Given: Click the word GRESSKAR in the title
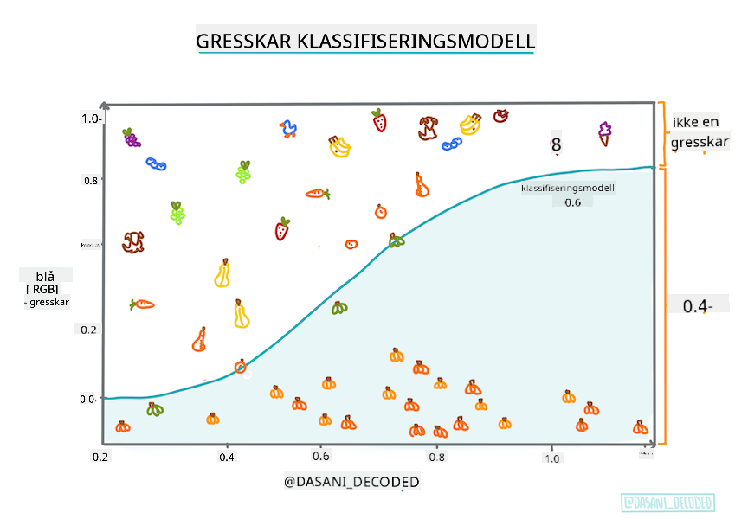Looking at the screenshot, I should click(x=244, y=42).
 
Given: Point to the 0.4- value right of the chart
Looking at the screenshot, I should click(x=697, y=305).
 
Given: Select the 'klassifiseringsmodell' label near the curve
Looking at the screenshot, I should click(x=567, y=188).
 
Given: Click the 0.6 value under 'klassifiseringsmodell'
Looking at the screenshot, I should click(x=572, y=203).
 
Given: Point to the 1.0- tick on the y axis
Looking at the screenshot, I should click(x=92, y=119).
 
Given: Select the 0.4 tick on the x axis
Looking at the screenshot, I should click(x=227, y=457).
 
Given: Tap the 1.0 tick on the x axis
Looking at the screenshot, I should click(x=551, y=458).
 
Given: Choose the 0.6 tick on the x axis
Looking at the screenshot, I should click(x=321, y=457).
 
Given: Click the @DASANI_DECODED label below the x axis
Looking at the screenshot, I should click(x=352, y=480).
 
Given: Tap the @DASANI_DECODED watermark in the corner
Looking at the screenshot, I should click(x=667, y=503).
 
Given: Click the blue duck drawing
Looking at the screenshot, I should click(x=288, y=130).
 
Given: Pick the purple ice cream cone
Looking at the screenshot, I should click(x=604, y=132).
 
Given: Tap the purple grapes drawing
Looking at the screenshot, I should click(x=131, y=137).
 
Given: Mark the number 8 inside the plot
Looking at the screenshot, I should click(x=556, y=145).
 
